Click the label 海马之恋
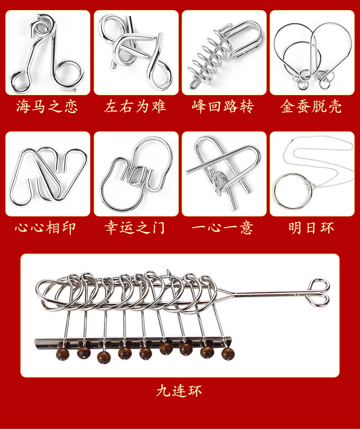(x=47, y=106)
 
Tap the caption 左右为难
(x=135, y=106)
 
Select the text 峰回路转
(x=223, y=106)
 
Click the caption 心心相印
(x=47, y=227)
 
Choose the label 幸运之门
(x=135, y=227)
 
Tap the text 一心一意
(x=223, y=227)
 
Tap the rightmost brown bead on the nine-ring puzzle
(x=228, y=354)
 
